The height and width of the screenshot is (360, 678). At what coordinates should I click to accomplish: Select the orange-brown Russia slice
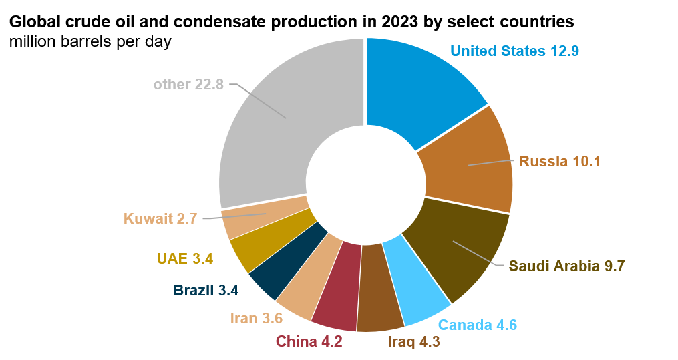(x=468, y=164)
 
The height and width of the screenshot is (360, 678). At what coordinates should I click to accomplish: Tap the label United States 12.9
(x=514, y=51)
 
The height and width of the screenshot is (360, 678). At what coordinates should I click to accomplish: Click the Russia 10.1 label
(x=560, y=162)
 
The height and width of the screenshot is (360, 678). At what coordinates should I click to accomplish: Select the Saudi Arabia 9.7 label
(x=566, y=266)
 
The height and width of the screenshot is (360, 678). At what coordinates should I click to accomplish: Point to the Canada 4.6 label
(x=477, y=325)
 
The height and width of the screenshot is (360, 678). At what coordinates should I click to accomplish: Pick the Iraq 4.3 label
(x=413, y=342)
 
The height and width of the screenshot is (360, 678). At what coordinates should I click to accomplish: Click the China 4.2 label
(x=309, y=341)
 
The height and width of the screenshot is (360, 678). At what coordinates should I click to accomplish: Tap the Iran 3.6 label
(x=256, y=318)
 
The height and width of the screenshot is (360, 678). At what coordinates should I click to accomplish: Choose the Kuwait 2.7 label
(x=160, y=218)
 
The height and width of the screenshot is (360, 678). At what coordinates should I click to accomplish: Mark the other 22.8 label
(x=188, y=85)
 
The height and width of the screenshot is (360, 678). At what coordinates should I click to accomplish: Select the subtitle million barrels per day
(x=91, y=41)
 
